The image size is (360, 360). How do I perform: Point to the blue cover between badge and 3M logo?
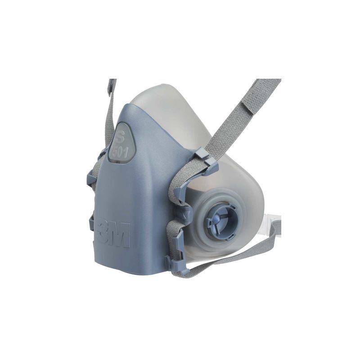[130, 189]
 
